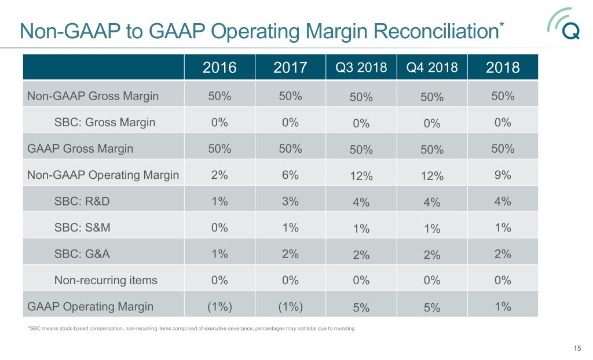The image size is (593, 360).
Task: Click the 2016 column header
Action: (219, 68)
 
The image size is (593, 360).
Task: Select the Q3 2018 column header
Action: (361, 67)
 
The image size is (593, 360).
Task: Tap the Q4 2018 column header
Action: (432, 67)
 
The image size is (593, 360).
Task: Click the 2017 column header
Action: (290, 68)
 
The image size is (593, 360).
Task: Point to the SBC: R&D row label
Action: (81, 201)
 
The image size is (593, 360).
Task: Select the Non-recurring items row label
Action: (105, 280)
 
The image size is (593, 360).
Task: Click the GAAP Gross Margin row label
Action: (80, 149)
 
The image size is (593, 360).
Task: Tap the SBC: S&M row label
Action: (82, 228)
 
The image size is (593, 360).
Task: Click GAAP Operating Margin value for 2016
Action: (219, 307)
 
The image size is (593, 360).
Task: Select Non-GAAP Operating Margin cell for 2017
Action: (290, 175)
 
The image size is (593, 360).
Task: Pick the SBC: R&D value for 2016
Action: (219, 201)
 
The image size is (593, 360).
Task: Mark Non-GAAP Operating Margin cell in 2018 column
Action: (503, 175)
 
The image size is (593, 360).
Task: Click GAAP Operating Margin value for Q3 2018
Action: (361, 308)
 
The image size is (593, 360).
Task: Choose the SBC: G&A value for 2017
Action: (290, 254)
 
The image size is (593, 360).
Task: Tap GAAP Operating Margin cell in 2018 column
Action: (503, 307)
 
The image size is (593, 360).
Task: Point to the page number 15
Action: (576, 348)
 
